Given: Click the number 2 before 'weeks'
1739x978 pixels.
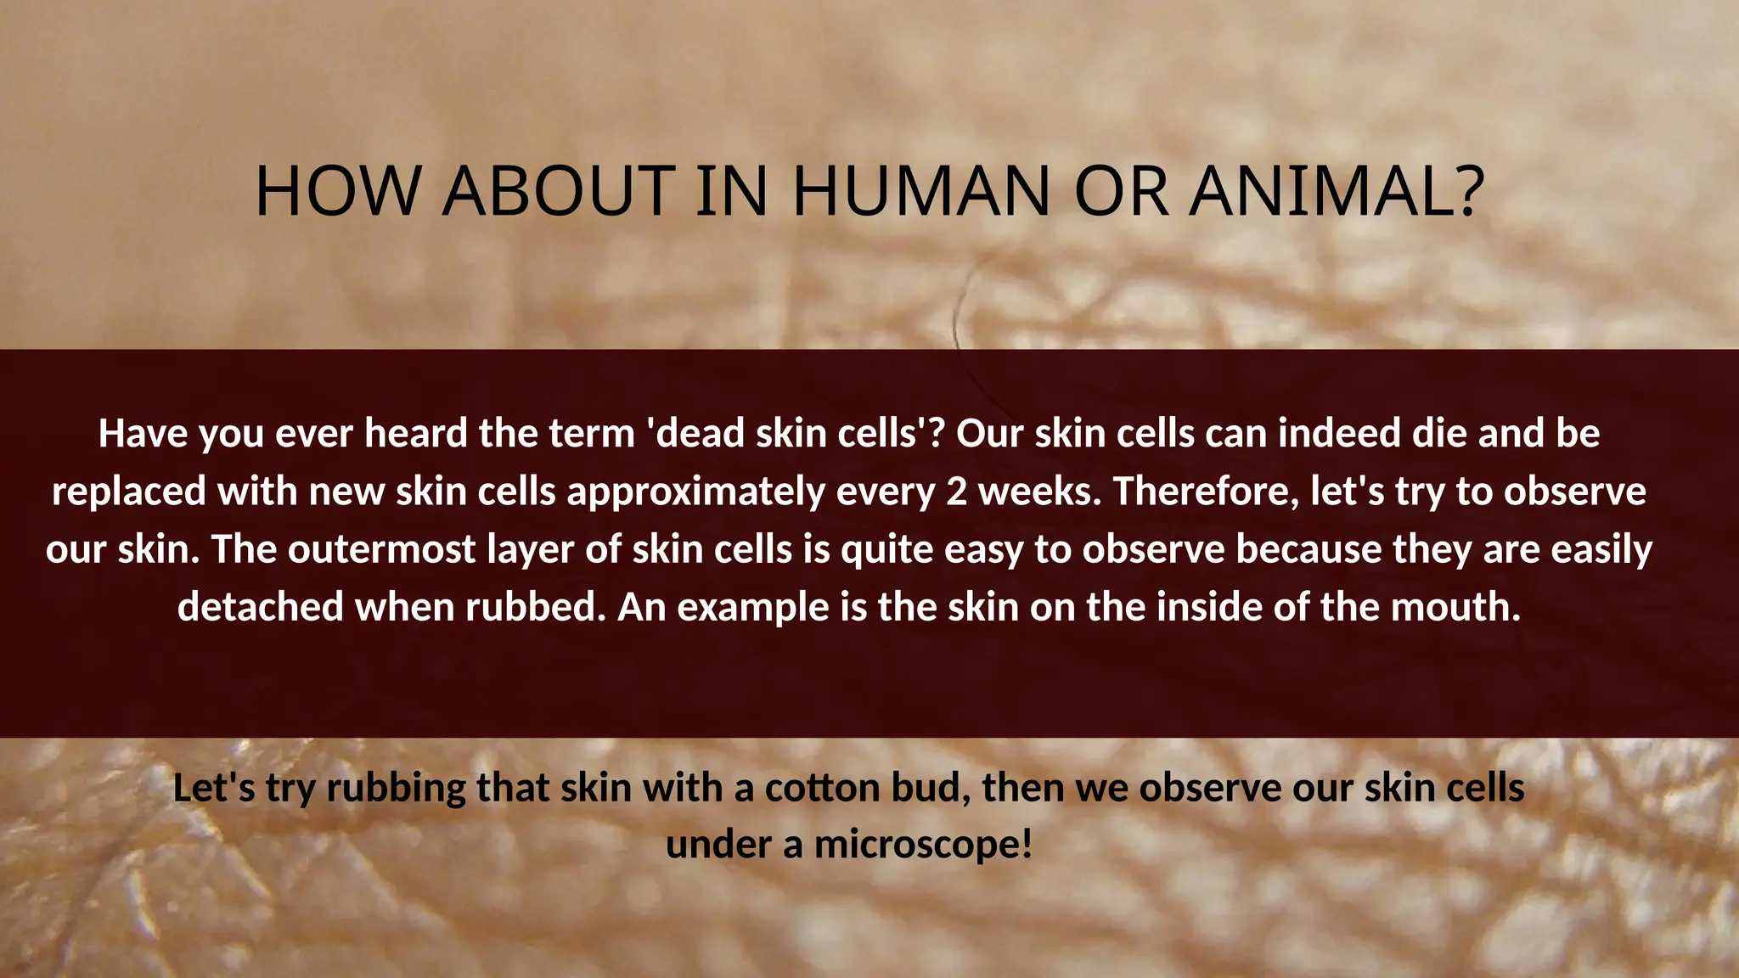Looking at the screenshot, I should pyautogui.click(x=956, y=492).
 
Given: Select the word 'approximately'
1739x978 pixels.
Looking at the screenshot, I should pyautogui.click(x=695, y=492).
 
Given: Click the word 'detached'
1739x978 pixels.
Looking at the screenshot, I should pyautogui.click(x=260, y=607).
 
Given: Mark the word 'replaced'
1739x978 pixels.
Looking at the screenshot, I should pyautogui.click(x=129, y=492).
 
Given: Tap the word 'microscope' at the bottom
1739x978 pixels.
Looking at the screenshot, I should pyautogui.click(x=922, y=845).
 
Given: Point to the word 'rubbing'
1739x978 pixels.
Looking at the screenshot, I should pyautogui.click(x=396, y=789).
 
